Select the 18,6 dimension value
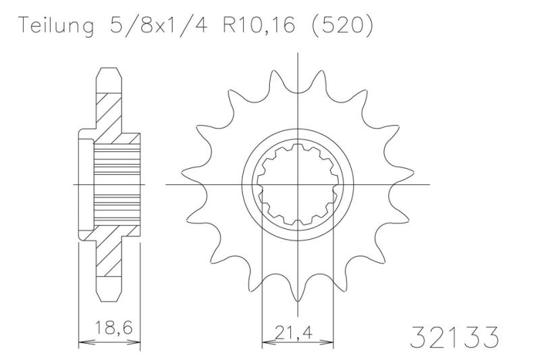[110, 331]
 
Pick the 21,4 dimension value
[297, 331]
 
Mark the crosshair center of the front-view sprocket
[298, 183]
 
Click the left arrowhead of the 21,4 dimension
[265, 342]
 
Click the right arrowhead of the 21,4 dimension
[331, 342]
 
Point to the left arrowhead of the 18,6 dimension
[82, 342]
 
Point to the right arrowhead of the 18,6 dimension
[138, 342]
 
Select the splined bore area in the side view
[115, 183]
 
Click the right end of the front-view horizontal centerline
[430, 183]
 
